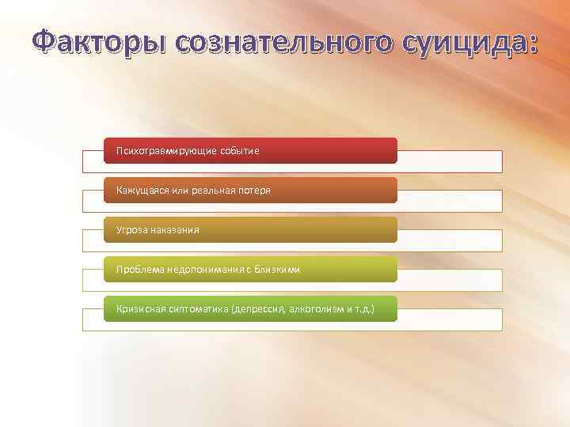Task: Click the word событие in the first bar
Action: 238,150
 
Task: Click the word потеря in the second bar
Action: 253,191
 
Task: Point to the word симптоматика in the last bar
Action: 197,309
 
